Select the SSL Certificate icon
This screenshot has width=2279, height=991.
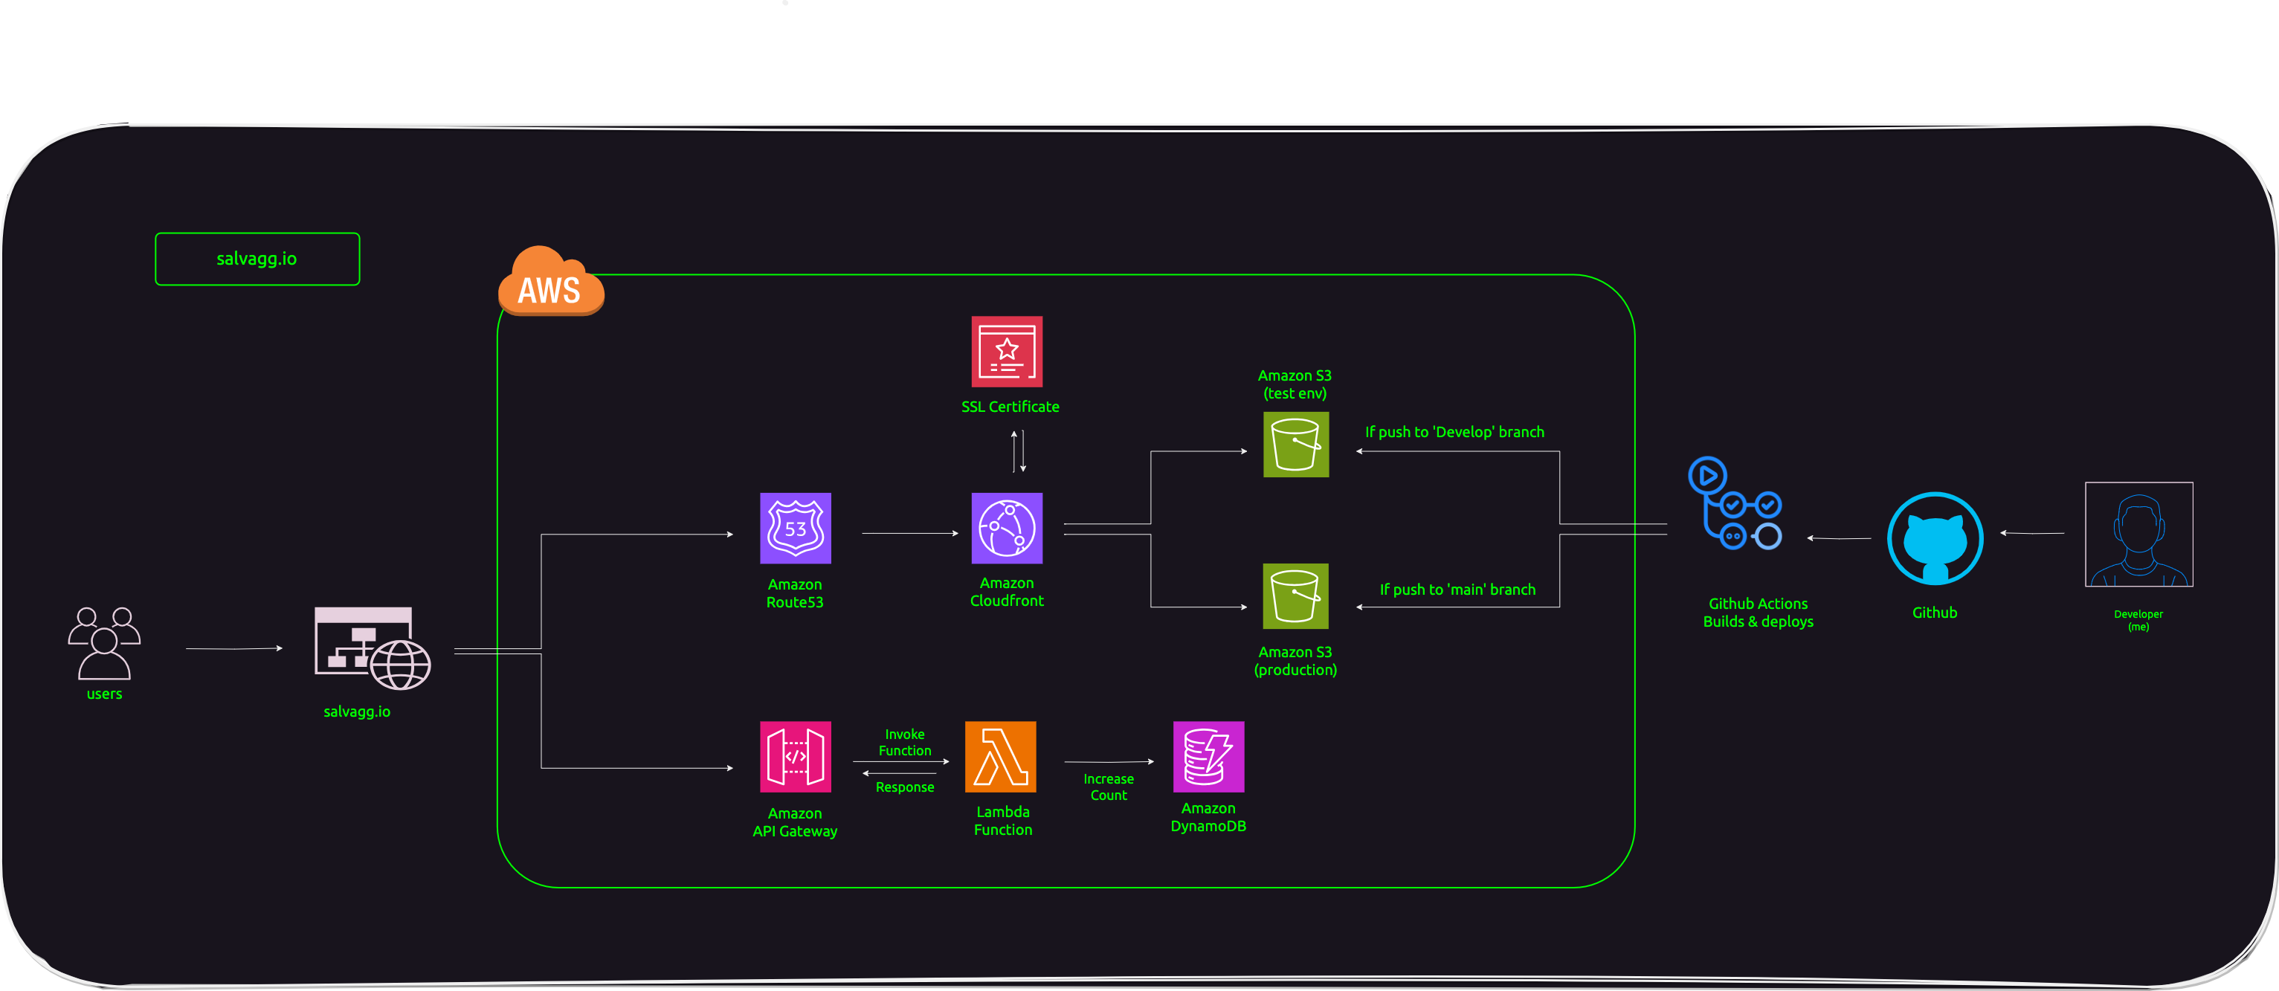1007,352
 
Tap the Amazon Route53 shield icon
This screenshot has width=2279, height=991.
796,529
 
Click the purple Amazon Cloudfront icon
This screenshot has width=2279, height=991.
1007,529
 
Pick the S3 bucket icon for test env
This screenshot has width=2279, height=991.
1295,444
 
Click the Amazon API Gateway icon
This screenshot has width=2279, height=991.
796,757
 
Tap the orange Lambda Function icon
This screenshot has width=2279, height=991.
1001,757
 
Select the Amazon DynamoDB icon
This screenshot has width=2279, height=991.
1208,757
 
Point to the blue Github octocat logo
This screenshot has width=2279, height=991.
1935,539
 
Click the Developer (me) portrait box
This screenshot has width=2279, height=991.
2138,535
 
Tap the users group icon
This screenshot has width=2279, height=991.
104,642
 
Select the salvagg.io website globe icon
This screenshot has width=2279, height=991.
372,648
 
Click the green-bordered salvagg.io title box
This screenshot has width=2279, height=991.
257,259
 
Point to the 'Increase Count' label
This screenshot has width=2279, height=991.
1109,787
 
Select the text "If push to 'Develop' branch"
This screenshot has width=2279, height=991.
1454,432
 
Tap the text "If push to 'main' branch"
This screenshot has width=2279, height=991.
1457,590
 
